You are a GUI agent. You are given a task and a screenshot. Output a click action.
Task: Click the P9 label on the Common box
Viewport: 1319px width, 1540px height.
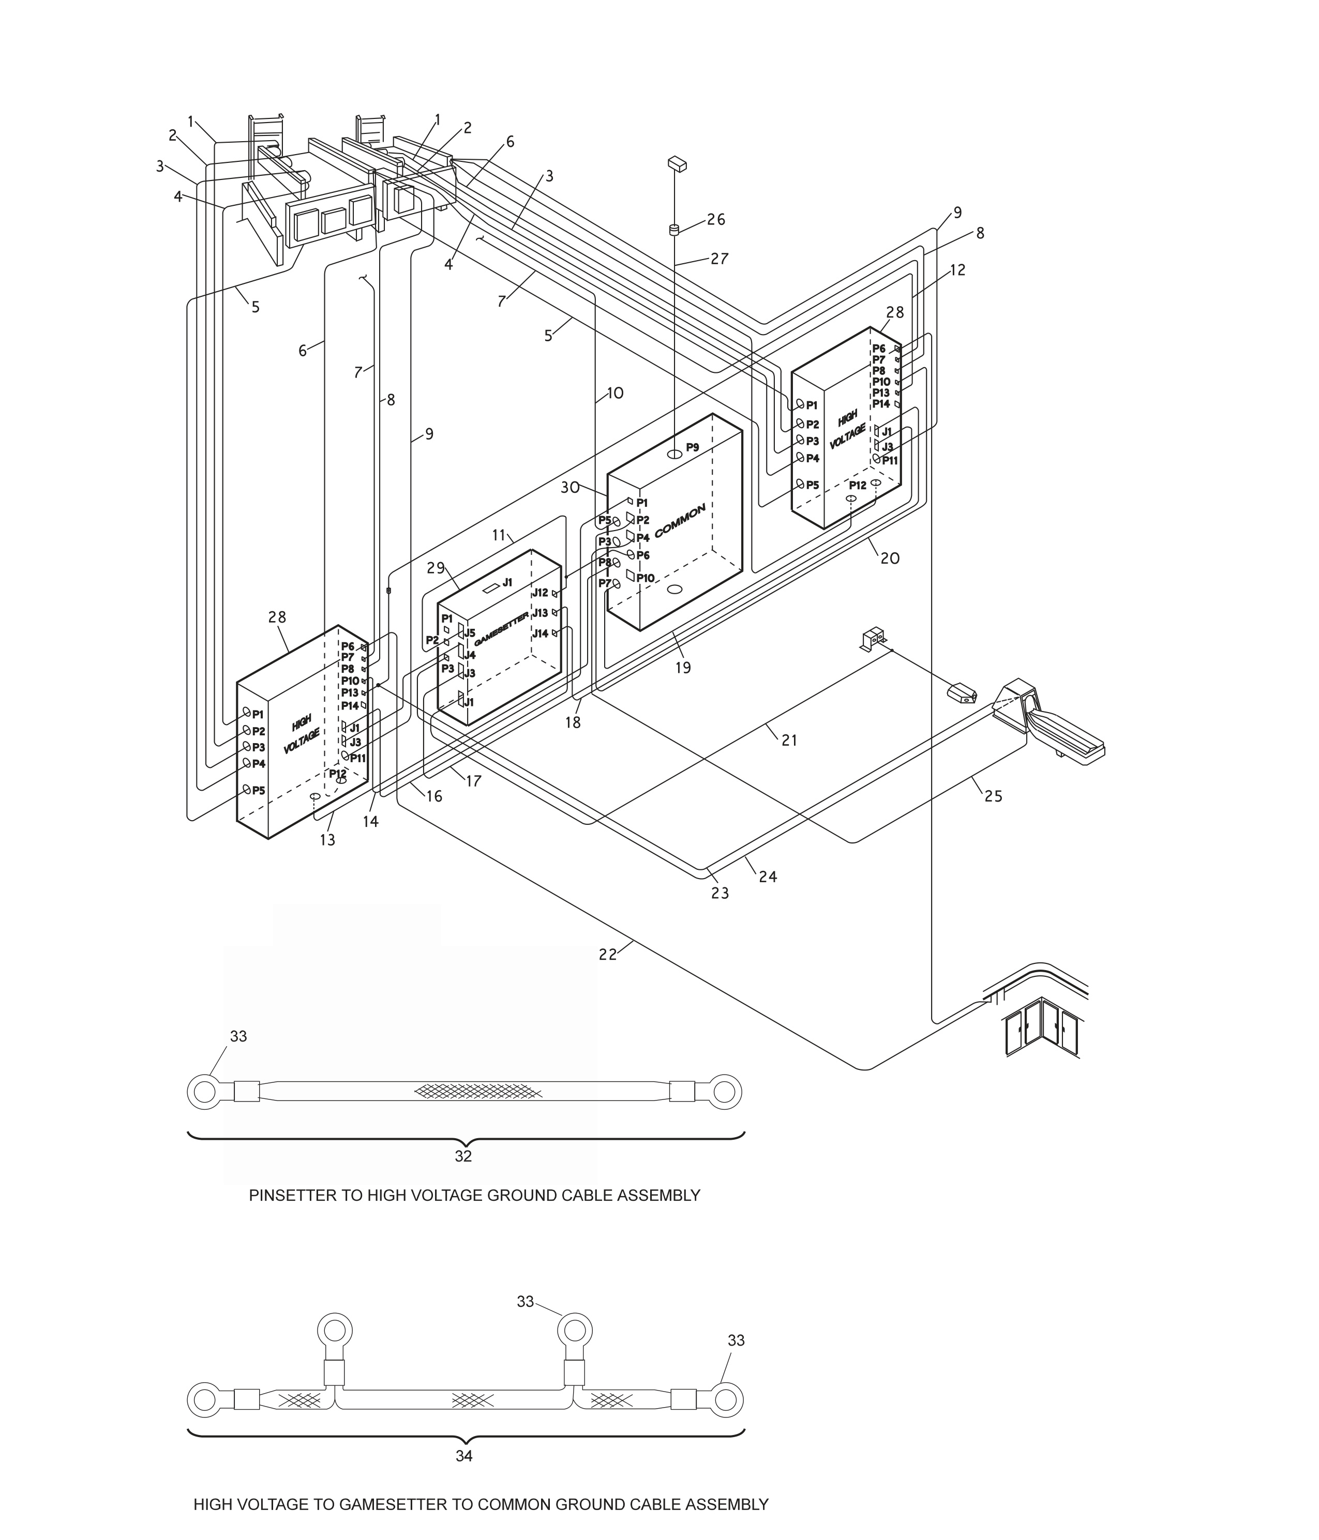692,447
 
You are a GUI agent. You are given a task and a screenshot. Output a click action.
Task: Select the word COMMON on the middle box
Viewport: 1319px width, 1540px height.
680,521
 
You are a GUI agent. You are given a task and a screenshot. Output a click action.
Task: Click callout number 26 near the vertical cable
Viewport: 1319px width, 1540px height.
716,219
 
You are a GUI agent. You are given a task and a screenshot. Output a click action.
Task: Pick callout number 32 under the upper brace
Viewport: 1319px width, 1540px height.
463,1156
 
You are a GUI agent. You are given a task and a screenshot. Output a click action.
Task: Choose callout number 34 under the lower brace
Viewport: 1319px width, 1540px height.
464,1456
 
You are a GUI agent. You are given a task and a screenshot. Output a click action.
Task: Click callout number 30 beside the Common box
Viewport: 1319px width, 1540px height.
571,488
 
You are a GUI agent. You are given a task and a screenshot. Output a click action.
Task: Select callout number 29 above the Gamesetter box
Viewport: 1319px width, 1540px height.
436,568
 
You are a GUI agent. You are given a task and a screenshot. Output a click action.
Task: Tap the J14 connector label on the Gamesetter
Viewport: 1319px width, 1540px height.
540,633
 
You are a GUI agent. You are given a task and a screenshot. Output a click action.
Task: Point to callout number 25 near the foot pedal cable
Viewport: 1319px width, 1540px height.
993,796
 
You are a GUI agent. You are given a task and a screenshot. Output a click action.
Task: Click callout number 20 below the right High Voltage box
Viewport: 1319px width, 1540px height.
890,558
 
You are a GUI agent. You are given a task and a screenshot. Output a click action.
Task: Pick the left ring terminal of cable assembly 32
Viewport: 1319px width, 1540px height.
204,1092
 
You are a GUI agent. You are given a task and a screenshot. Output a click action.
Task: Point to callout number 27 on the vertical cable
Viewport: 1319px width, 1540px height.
719,259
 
